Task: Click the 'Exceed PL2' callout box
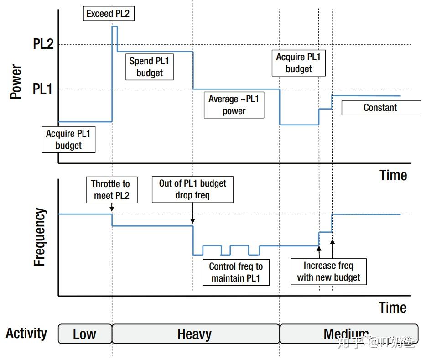[109, 13]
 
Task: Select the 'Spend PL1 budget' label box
[150, 67]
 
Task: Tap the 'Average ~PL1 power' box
[234, 105]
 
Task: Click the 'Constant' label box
[381, 108]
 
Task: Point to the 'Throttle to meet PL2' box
[112, 190]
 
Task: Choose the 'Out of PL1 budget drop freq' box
[192, 189]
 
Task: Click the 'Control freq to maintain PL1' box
[236, 272]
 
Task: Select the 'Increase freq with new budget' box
[328, 271]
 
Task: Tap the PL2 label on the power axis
[43, 44]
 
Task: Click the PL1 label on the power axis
[42, 89]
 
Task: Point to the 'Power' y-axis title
[16, 82]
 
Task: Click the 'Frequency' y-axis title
[39, 237]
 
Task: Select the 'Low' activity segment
[85, 334]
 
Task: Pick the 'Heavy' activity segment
[196, 334]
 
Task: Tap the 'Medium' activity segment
[349, 334]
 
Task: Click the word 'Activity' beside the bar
[26, 334]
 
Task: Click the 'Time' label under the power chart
[393, 175]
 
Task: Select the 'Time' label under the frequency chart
[393, 308]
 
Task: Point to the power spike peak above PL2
[114, 26]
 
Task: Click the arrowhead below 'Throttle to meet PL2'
[112, 209]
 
